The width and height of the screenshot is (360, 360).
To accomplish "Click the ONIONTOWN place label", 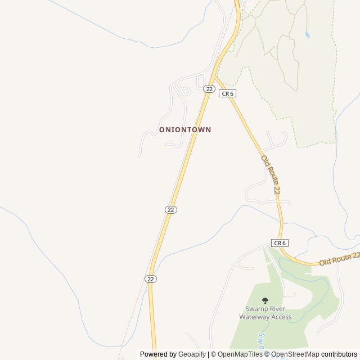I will (185, 129).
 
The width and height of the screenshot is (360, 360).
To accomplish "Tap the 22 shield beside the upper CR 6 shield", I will (209, 89).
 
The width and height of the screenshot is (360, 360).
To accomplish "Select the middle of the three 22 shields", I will (171, 209).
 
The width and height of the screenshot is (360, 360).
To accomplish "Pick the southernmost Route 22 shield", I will (150, 278).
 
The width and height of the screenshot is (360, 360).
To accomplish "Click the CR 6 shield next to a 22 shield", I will (226, 94).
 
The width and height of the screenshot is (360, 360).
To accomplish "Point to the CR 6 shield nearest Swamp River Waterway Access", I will (280, 243).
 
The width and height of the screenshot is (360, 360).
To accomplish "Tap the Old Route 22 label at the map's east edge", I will (339, 259).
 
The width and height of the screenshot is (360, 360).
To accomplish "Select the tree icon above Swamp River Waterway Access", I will (265, 301).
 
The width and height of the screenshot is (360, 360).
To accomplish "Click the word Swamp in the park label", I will (257, 309).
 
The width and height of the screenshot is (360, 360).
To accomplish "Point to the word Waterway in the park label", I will (256, 317).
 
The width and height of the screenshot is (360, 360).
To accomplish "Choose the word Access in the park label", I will (282, 317).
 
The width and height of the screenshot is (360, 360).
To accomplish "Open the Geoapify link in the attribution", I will (192, 354).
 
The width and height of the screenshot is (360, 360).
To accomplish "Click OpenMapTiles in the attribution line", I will (240, 354).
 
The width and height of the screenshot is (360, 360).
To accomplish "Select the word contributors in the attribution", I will (339, 354).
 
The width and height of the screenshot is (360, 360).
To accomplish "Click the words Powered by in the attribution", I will (158, 354).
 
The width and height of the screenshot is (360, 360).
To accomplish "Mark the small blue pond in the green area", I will (307, 34).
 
